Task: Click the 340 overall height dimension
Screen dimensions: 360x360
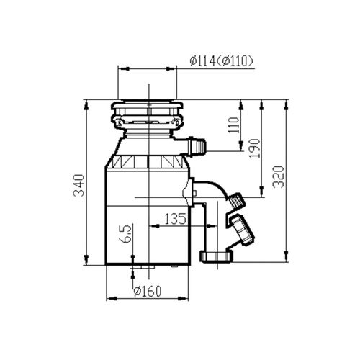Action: [79, 185]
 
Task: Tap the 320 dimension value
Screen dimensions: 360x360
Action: [279, 176]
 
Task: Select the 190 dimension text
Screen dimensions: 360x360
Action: [254, 148]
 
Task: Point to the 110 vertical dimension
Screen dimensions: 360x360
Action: [234, 125]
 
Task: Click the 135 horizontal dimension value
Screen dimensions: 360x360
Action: [175, 218]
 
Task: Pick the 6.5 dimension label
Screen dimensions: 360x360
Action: [128, 234]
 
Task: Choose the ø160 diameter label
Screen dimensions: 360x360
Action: [148, 291]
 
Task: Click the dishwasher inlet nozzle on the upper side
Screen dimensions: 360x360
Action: [197, 145]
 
